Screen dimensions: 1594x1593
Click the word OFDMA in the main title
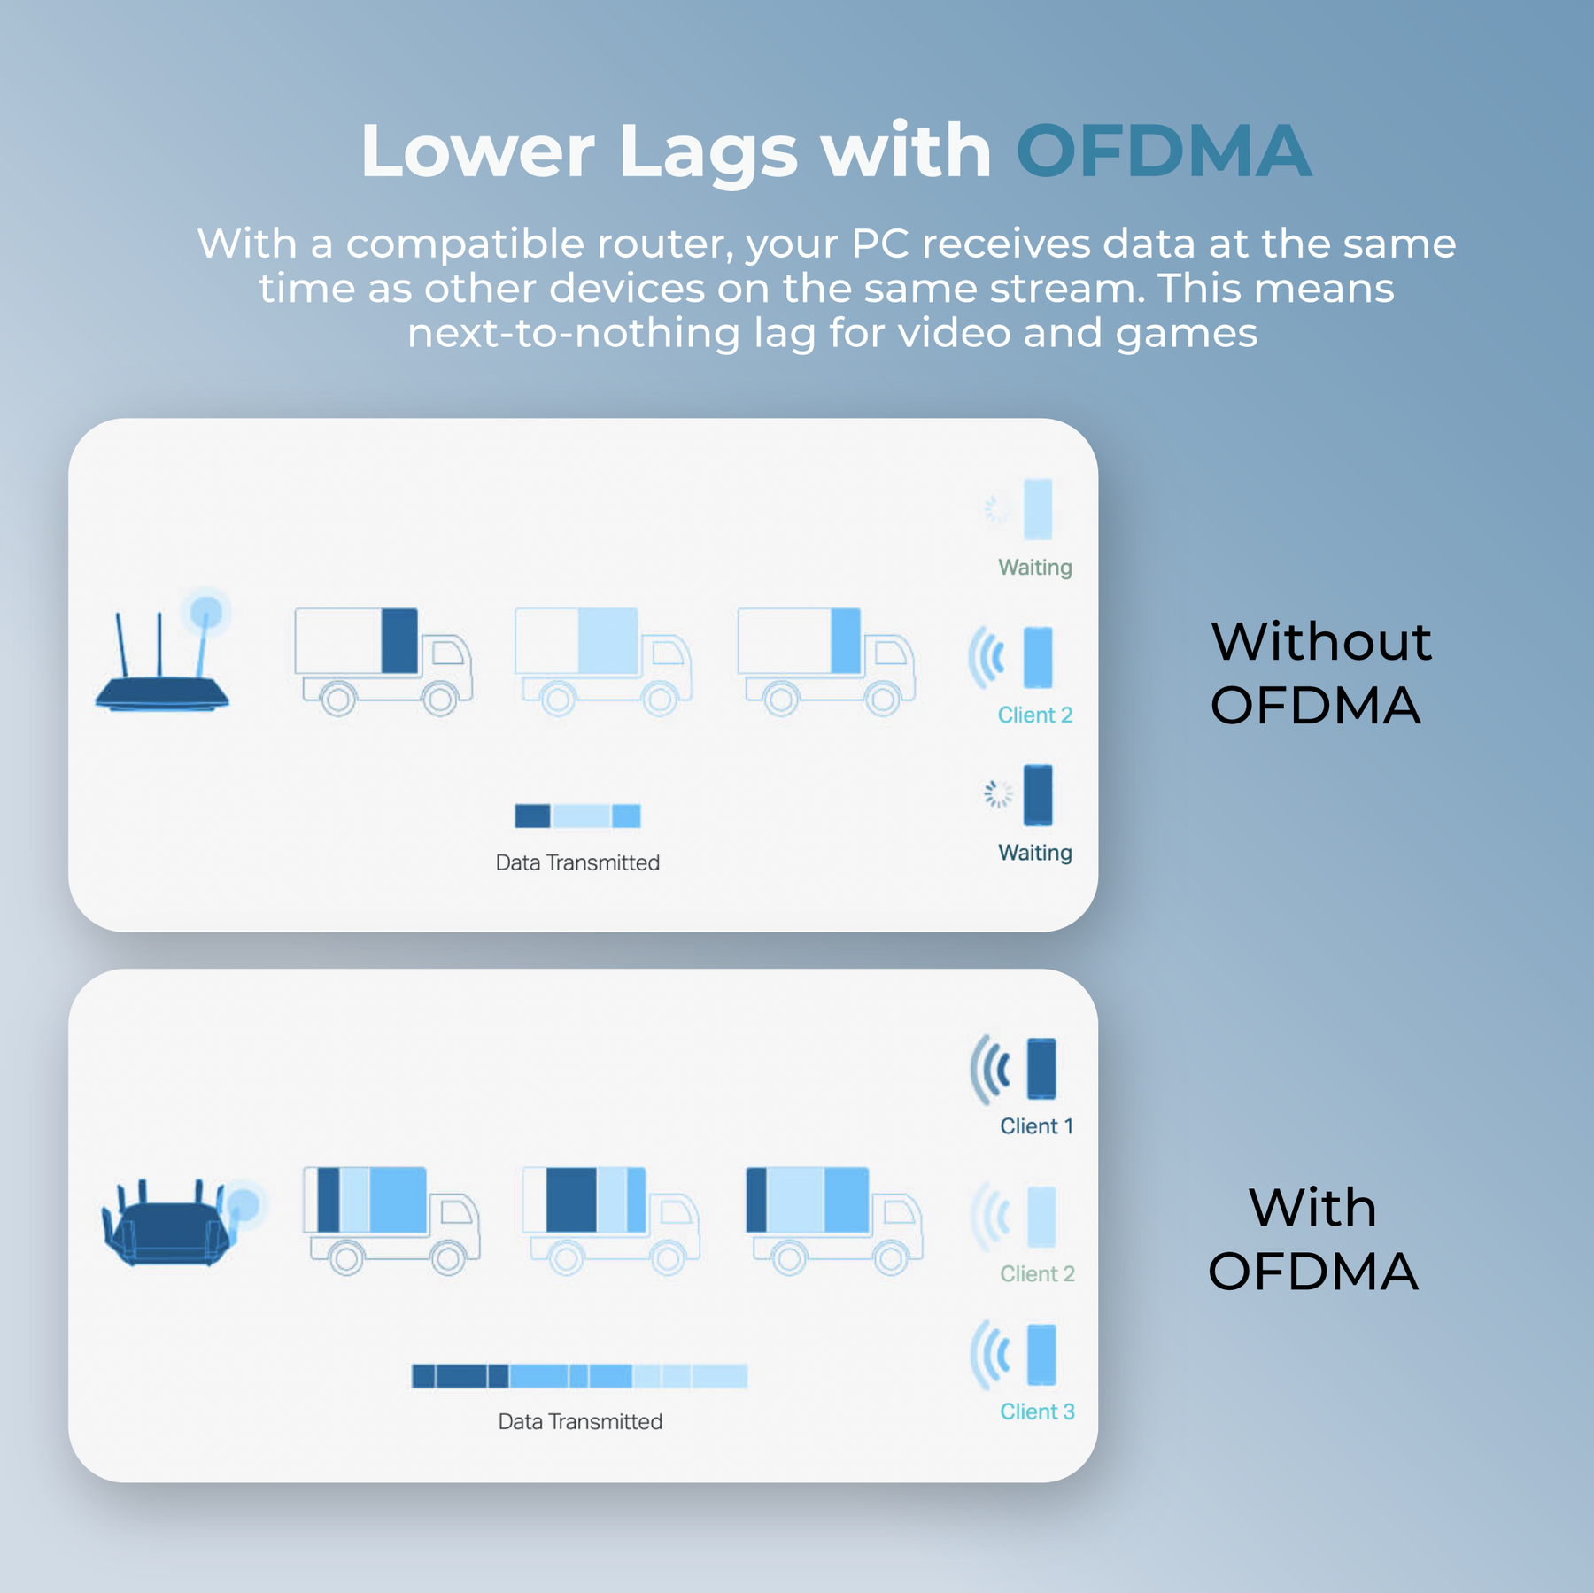click(x=1163, y=151)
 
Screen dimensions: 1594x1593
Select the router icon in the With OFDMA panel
click(x=182, y=1222)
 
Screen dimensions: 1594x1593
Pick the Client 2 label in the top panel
click(x=1034, y=715)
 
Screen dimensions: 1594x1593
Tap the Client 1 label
click(x=1036, y=1125)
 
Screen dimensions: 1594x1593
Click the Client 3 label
click(x=1037, y=1411)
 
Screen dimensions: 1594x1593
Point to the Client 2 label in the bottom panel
click(x=1037, y=1273)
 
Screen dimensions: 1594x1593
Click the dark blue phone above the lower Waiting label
click(x=1038, y=794)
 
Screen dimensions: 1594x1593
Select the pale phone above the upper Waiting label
click(x=1038, y=509)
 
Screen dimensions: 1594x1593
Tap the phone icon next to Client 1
click(x=1041, y=1068)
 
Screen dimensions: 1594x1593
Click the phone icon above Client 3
click(x=1041, y=1354)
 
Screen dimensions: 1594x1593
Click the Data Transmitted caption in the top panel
click(x=577, y=862)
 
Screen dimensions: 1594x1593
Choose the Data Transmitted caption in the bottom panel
click(x=580, y=1421)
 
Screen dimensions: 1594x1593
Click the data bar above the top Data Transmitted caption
click(x=577, y=816)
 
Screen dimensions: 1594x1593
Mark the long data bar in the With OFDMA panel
click(x=579, y=1375)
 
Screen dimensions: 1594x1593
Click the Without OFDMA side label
click(x=1319, y=672)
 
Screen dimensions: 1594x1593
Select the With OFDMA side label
click(x=1313, y=1239)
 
